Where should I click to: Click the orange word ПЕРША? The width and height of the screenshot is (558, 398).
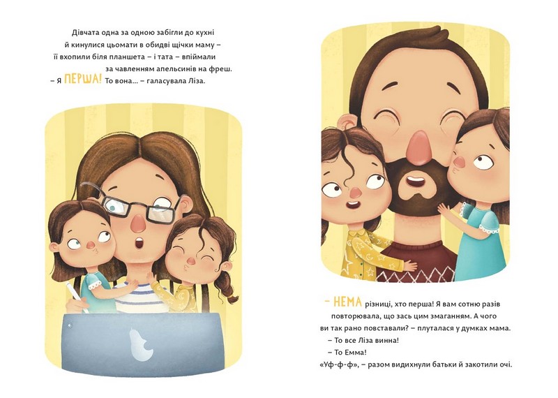tap(82, 80)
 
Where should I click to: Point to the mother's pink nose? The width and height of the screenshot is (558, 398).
tap(137, 222)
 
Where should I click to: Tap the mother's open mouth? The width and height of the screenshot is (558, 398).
tap(140, 244)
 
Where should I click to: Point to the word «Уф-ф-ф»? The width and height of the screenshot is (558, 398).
tap(336, 364)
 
